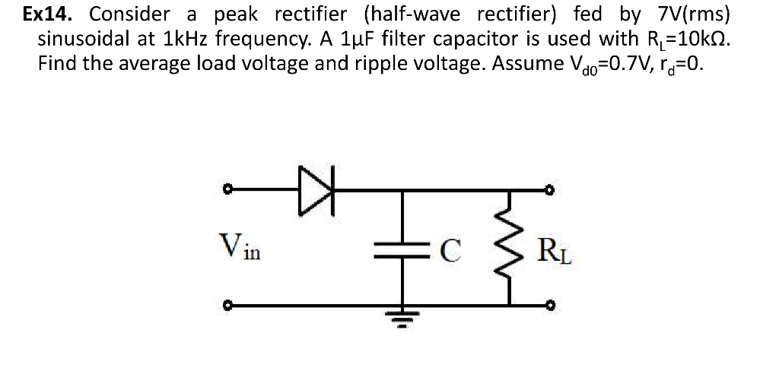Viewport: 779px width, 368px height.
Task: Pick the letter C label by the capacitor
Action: [x=450, y=249]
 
